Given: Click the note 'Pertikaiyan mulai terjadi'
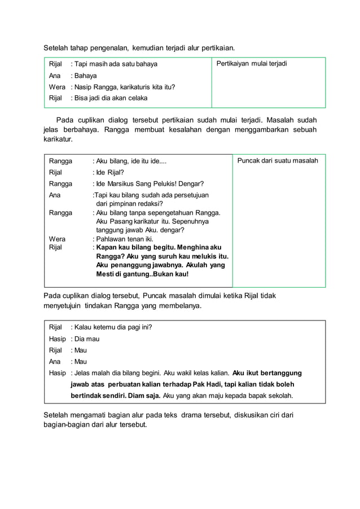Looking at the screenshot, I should pos(252,64).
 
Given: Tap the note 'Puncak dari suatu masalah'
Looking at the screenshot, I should pos(277,161).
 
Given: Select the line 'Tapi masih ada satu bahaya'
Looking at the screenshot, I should pos(114,64).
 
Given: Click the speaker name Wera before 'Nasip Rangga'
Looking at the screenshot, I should pos(57,87).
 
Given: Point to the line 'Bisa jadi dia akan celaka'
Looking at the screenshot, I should pos(109,98).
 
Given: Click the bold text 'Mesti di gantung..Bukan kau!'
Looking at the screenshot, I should pos(142,274).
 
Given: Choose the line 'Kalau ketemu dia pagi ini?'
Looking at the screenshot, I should pos(111,327).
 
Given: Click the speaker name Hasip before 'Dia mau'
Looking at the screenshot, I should pos(57,339).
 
